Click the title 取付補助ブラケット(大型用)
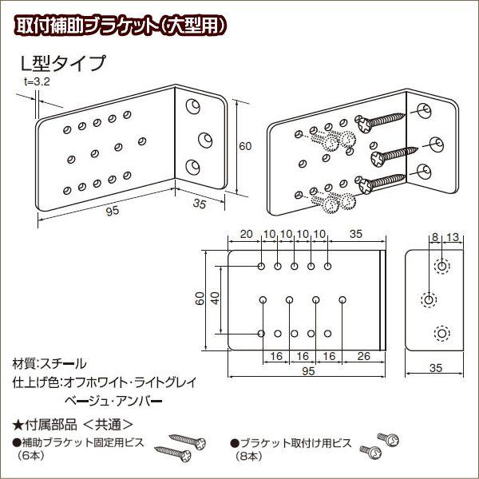[121, 25]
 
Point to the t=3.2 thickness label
[37, 81]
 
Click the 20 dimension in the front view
[247, 234]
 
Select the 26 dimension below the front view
[363, 356]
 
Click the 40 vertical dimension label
[215, 298]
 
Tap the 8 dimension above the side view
[435, 237]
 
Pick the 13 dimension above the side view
[453, 237]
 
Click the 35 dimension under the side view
[436, 368]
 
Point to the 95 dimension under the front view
[308, 371]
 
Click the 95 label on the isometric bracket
[113, 211]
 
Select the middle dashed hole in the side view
[429, 299]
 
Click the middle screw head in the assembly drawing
[378, 159]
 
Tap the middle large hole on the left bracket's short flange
[205, 140]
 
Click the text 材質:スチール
[49, 363]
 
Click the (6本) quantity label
[31, 456]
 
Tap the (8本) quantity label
[248, 456]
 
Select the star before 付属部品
[18, 425]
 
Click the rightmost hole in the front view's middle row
[342, 299]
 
